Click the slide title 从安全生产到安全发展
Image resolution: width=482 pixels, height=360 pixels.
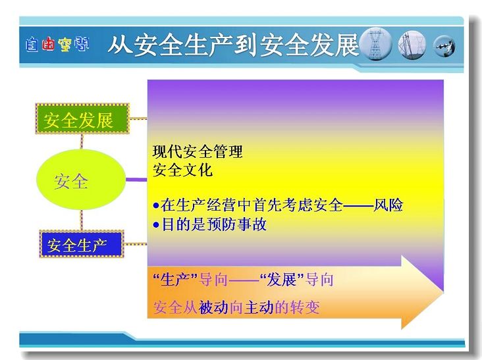click(234, 45)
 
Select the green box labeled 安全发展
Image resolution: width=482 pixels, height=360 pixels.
click(82, 119)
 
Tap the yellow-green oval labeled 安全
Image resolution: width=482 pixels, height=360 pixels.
click(81, 180)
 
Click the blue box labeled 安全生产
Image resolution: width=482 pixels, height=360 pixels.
click(82, 244)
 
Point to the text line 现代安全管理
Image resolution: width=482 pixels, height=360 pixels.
click(198, 151)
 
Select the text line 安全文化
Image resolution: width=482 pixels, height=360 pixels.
click(182, 170)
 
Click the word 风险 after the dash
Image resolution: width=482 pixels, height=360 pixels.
click(388, 205)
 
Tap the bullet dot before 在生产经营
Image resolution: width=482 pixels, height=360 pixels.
click(156, 205)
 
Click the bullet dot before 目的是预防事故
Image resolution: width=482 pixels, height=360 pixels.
click(156, 225)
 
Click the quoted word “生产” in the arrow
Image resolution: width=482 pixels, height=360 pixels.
click(175, 280)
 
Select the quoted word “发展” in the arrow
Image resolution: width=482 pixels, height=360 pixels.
click(282, 280)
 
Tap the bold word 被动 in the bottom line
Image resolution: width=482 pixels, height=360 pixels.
click(213, 307)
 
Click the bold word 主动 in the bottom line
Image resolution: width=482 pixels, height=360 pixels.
click(259, 307)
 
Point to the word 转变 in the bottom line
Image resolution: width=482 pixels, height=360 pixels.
click(304, 307)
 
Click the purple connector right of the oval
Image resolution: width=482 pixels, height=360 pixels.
click(137, 180)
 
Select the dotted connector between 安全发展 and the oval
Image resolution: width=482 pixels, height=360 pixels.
click(82, 141)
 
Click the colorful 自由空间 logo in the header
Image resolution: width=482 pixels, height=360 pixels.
click(57, 45)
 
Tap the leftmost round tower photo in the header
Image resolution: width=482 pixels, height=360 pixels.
click(375, 44)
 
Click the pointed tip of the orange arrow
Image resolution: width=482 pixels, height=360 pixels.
click(443, 292)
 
